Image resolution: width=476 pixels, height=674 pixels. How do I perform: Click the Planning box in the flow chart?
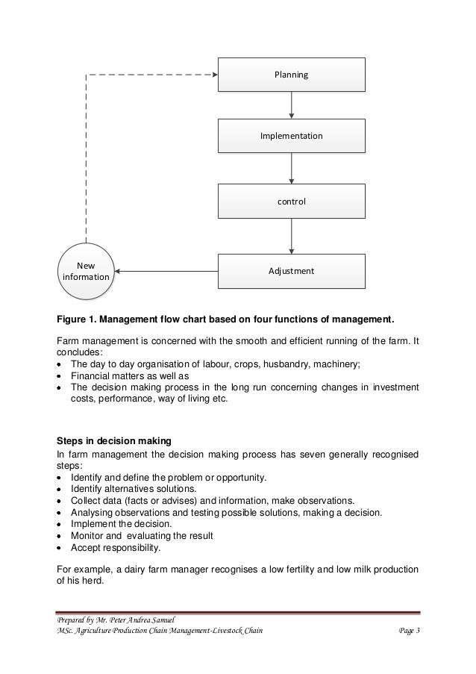pyautogui.click(x=291, y=75)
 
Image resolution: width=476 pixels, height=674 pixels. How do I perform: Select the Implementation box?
pyautogui.click(x=291, y=137)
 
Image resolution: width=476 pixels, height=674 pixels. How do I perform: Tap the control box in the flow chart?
pyautogui.click(x=291, y=202)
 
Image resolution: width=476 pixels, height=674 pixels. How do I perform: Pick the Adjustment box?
pyautogui.click(x=291, y=271)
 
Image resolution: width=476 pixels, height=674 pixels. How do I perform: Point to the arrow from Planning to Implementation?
pyautogui.click(x=291, y=105)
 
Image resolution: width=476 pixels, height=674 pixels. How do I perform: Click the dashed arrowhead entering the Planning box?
pyautogui.click(x=213, y=74)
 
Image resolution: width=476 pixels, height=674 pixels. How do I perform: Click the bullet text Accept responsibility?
pyautogui.click(x=116, y=547)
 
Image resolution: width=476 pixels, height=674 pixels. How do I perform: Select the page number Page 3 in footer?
pyautogui.click(x=409, y=633)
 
